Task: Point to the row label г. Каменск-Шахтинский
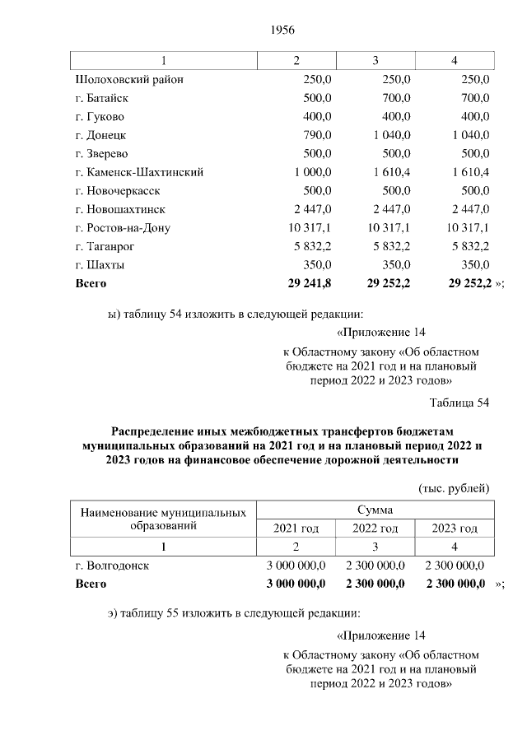coord(138,172)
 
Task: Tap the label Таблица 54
coord(459,403)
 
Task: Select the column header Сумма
coord(375,510)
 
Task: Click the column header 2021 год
coord(296,528)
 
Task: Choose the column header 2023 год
coord(455,528)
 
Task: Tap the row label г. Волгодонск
coord(113,566)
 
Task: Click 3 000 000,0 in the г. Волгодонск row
coord(296,566)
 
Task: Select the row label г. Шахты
coord(99,265)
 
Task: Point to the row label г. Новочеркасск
coord(116,191)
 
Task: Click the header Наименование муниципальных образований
coord(163,519)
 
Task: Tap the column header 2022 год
coord(375,528)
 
